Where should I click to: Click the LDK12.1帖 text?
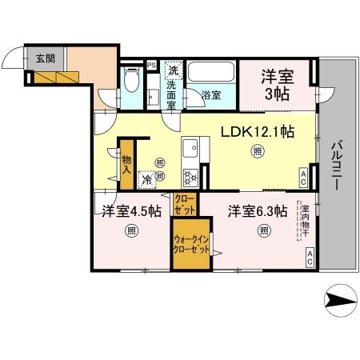(256, 131)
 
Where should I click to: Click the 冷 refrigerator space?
(147, 180)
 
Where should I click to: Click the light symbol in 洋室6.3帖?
(263, 232)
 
